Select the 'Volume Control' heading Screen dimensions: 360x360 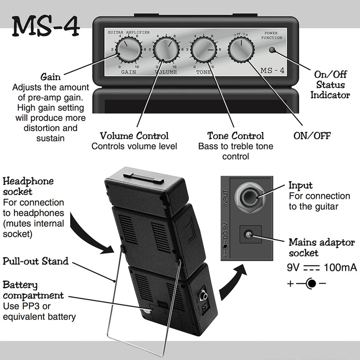(x=134, y=135)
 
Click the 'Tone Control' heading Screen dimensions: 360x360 (x=235, y=135)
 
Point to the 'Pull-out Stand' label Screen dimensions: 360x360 (x=36, y=261)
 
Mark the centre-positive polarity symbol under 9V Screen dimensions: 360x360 (x=310, y=284)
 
